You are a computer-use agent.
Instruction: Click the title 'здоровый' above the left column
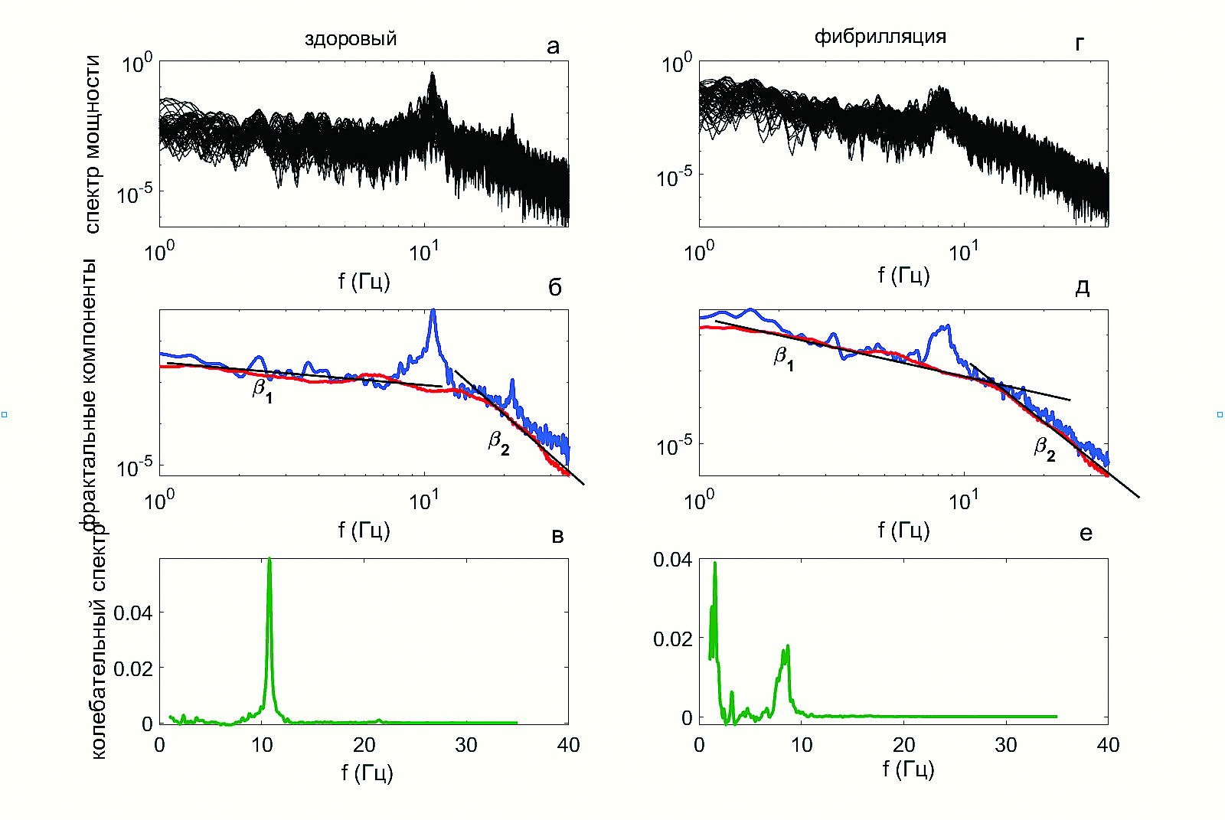point(351,38)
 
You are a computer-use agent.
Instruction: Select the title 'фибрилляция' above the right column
point(880,36)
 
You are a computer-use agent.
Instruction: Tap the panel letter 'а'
point(553,47)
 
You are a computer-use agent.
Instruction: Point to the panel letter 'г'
point(1080,44)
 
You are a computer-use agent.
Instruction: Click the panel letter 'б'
point(555,287)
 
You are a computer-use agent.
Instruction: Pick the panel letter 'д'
point(1083,287)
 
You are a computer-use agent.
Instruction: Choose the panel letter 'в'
point(557,536)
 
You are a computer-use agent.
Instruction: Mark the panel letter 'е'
point(1086,534)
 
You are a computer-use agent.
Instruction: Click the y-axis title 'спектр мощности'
point(93,144)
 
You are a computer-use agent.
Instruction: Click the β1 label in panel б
point(263,390)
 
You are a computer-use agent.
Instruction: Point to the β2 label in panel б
point(499,443)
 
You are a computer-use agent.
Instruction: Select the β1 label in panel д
point(783,358)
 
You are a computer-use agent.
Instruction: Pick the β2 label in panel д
point(1045,449)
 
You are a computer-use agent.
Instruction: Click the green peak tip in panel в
point(269,560)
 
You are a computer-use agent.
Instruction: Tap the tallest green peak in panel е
point(715,564)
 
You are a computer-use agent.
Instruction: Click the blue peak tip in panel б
point(433,310)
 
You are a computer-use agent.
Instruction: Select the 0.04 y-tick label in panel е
point(672,560)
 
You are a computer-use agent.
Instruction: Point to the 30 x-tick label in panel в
point(466,745)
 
